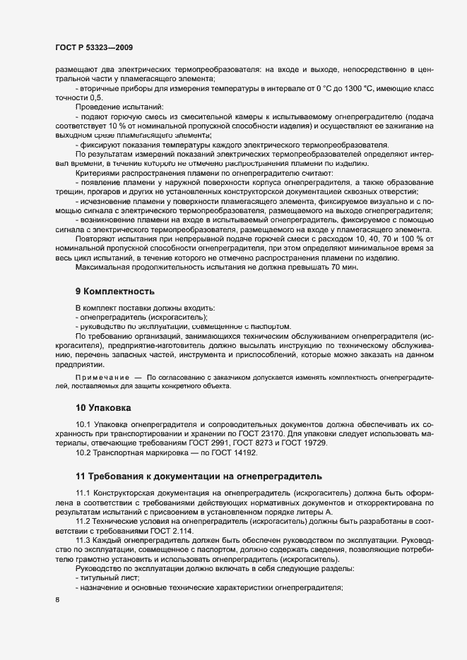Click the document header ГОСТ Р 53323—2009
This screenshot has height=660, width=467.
click(93, 47)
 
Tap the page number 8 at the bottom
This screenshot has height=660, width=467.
click(57, 601)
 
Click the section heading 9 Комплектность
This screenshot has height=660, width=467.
click(115, 291)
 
